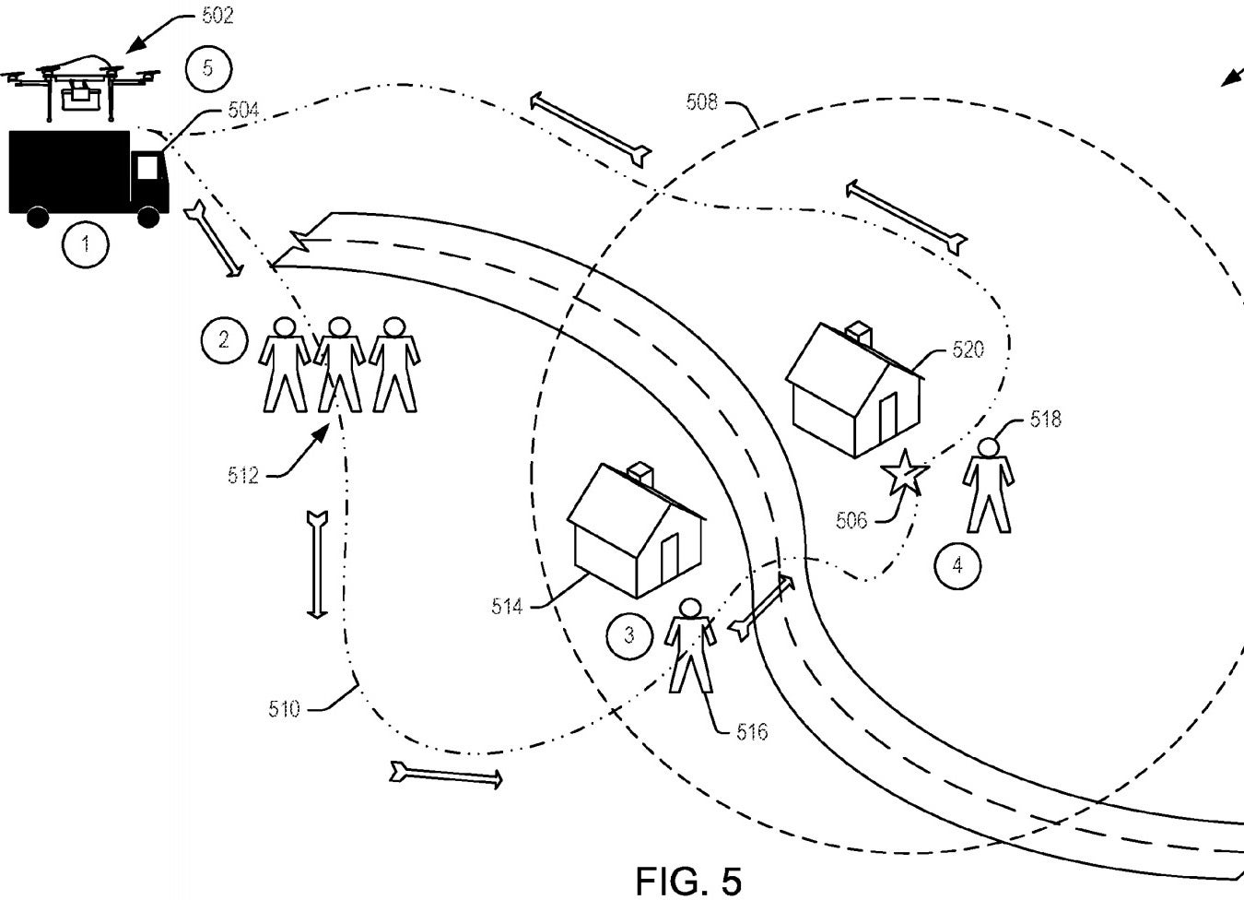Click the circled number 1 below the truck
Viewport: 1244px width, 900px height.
pyautogui.click(x=86, y=244)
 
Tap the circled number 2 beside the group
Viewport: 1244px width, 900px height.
pyautogui.click(x=224, y=339)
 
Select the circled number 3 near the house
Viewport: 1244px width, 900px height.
pyautogui.click(x=629, y=635)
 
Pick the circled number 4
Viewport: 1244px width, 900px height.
pyautogui.click(x=957, y=566)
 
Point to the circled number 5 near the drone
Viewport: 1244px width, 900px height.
pyautogui.click(x=208, y=68)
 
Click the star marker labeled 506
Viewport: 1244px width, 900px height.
pyautogui.click(x=905, y=473)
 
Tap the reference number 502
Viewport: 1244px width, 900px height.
pyautogui.click(x=217, y=16)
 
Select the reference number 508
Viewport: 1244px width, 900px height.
pyautogui.click(x=702, y=102)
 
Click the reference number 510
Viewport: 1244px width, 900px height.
pyautogui.click(x=284, y=709)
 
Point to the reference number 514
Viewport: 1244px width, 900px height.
pyautogui.click(x=507, y=607)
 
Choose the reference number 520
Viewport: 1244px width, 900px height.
pyautogui.click(x=968, y=349)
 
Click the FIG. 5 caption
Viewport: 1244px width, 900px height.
pyautogui.click(x=688, y=881)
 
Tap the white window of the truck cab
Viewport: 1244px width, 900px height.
pyautogui.click(x=147, y=167)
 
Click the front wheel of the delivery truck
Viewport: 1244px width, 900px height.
pyautogui.click(x=148, y=217)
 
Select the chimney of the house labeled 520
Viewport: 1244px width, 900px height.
pyautogui.click(x=860, y=336)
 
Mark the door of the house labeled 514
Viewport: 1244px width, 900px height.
pyautogui.click(x=670, y=557)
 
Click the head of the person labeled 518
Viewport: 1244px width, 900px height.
pyautogui.click(x=988, y=447)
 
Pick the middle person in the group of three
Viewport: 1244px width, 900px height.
pyautogui.click(x=339, y=364)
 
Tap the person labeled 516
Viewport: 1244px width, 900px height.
pyautogui.click(x=690, y=645)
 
